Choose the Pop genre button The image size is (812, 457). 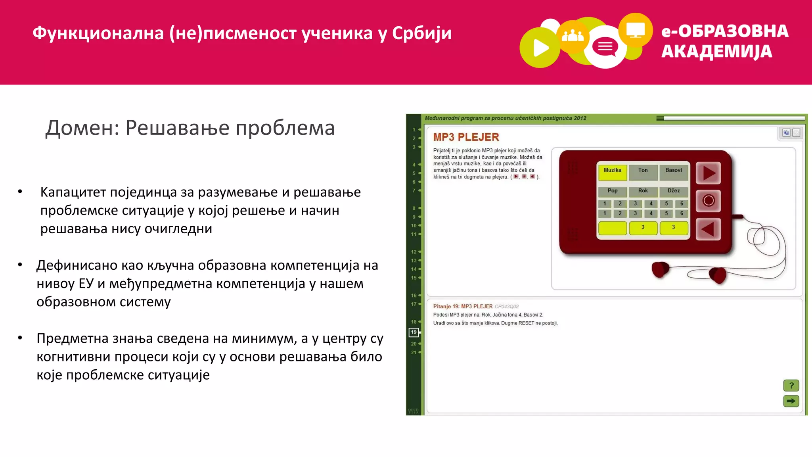tap(612, 191)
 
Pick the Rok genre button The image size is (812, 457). tap(643, 191)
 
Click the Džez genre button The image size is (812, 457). tap(674, 191)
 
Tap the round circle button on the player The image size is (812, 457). tap(709, 201)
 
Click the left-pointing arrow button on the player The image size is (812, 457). tap(708, 229)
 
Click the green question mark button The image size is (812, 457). tap(791, 385)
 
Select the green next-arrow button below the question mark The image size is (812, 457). tap(791, 401)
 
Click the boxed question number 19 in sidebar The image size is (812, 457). tap(414, 332)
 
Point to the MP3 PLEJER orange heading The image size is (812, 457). tap(466, 137)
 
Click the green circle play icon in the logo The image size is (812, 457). tap(540, 48)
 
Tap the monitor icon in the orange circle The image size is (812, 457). tap(635, 30)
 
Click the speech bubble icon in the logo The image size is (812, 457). tap(605, 48)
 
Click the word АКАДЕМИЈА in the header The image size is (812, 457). tap(716, 52)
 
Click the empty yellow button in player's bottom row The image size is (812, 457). tap(612, 228)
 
